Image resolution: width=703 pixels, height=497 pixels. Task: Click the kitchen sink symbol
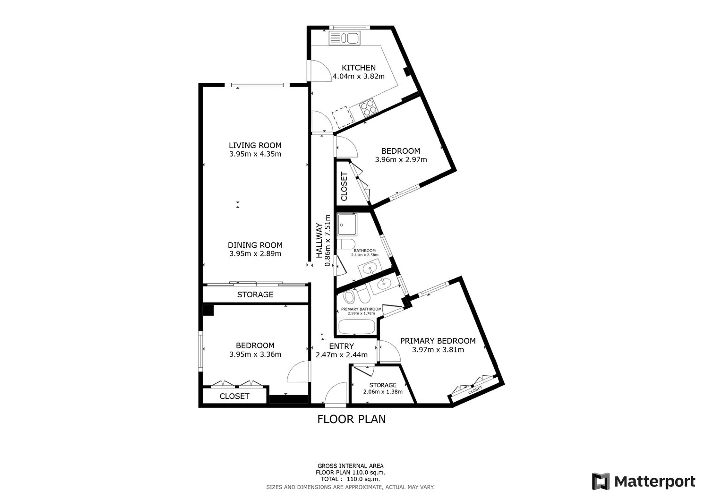(344, 38)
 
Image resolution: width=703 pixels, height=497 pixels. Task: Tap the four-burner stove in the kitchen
(369, 108)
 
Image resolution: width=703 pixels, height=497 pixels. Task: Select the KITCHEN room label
(359, 68)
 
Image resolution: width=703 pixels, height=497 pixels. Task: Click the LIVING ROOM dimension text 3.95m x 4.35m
(255, 154)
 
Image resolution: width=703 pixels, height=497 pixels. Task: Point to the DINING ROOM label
(255, 245)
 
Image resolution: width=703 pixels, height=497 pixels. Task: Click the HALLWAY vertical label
(319, 240)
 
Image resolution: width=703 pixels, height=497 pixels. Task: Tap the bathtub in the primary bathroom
(357, 326)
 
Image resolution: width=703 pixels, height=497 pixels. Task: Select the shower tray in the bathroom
(347, 224)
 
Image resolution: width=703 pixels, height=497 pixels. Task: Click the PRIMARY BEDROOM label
(438, 341)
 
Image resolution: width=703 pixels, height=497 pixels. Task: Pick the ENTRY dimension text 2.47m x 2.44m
(341, 355)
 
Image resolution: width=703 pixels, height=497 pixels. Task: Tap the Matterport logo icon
(601, 481)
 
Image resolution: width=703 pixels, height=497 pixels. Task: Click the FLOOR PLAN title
(351, 419)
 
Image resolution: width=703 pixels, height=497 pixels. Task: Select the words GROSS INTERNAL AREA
(350, 466)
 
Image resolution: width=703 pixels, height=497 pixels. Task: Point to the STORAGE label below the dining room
(255, 295)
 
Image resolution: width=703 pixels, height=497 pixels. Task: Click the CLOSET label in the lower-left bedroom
(234, 396)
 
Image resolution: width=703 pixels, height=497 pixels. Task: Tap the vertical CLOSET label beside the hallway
(344, 187)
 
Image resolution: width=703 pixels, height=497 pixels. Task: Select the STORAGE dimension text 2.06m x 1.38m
(383, 392)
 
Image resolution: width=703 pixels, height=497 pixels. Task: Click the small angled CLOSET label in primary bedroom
(475, 390)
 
